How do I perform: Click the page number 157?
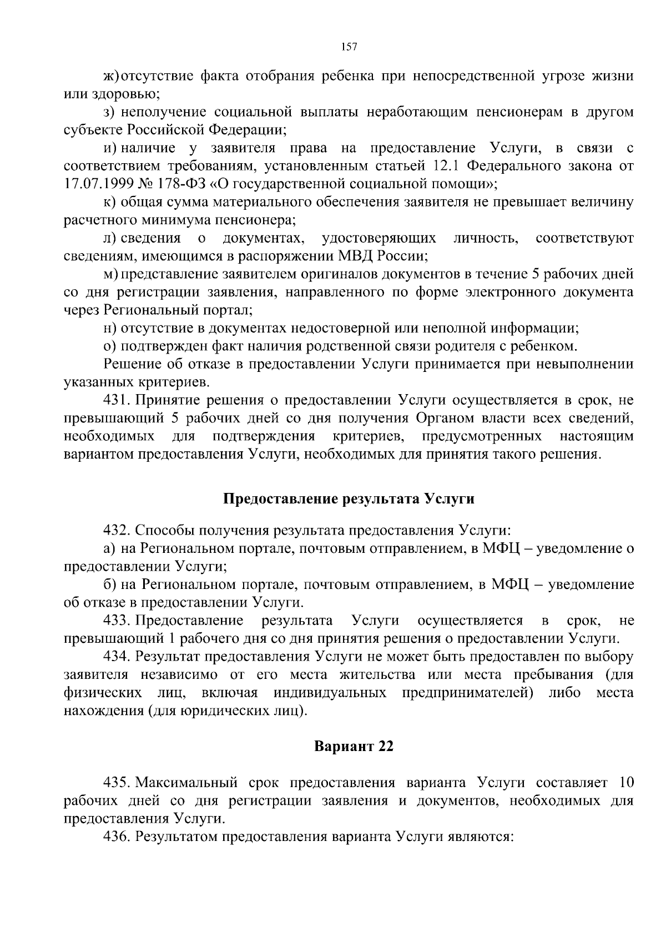click(x=349, y=47)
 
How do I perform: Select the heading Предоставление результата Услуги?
click(x=349, y=498)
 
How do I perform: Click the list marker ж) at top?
click(x=111, y=75)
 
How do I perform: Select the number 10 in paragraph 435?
click(x=625, y=783)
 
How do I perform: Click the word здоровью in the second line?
click(x=125, y=94)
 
